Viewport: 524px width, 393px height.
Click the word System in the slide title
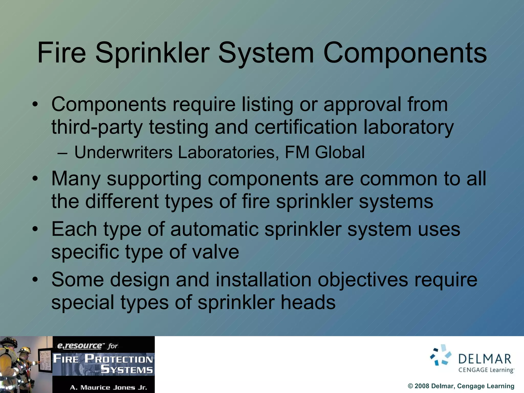[x=266, y=53]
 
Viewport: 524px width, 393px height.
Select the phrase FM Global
[x=324, y=152]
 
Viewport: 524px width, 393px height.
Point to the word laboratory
[x=408, y=127]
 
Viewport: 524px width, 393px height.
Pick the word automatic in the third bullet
[x=214, y=229]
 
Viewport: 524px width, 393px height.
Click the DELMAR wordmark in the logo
[x=485, y=359]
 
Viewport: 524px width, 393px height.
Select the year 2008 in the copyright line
[x=422, y=386]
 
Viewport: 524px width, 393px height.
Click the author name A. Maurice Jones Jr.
[x=108, y=387]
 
